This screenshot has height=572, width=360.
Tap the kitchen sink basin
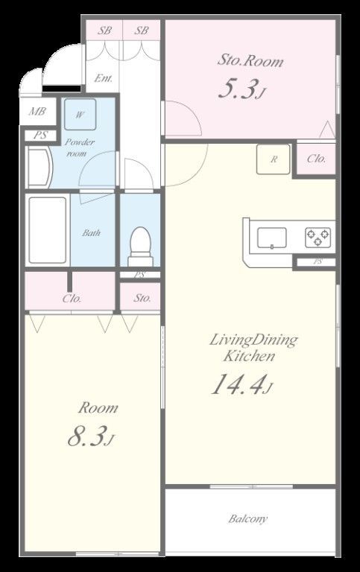272,238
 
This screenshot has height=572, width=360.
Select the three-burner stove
318,237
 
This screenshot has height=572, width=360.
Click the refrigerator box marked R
273,159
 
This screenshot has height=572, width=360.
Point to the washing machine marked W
80,115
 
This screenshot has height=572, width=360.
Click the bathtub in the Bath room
48,230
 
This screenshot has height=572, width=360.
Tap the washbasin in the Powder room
40,168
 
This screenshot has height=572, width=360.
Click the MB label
37,111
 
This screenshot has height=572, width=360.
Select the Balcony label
248,518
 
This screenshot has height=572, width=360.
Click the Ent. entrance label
104,78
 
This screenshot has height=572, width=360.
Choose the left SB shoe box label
104,31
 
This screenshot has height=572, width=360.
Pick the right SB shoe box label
142,31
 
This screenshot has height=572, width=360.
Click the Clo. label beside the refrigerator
316,159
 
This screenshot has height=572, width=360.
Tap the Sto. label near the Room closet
142,298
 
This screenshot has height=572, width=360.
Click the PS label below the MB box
40,136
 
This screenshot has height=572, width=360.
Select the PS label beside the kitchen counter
318,261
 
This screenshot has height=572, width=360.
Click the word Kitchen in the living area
249,356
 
